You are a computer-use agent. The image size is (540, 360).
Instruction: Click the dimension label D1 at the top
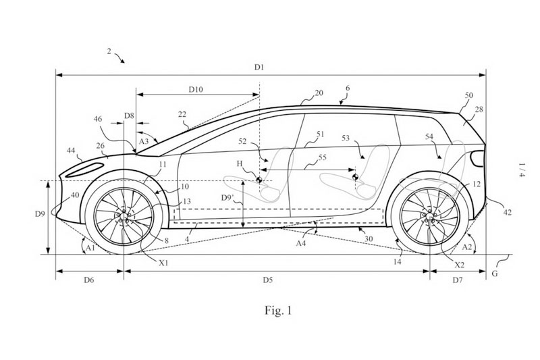click(x=259, y=68)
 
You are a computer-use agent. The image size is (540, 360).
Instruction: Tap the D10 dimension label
click(x=197, y=88)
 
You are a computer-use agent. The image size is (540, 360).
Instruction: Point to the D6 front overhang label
click(x=90, y=278)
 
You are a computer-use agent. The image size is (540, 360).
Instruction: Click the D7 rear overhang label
click(x=458, y=278)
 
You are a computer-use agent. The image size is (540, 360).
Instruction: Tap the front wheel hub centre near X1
click(x=124, y=217)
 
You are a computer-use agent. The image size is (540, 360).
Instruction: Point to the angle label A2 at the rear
click(x=466, y=247)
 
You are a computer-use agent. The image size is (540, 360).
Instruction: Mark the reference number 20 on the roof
click(x=319, y=93)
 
